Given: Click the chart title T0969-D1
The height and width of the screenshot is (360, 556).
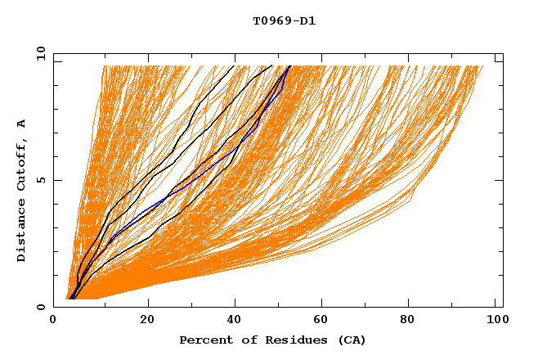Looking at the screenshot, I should point(284,21).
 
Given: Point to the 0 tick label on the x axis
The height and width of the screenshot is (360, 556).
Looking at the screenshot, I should point(54,320).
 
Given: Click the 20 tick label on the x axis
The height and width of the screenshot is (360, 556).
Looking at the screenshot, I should point(147,320).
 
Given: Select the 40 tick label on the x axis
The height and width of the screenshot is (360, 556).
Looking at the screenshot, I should point(236,320).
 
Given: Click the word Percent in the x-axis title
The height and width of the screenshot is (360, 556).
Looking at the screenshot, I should point(202,340).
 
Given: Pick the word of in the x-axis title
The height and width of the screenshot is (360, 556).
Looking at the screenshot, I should point(243,340).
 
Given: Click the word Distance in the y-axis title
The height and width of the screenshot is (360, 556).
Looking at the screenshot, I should point(22,232).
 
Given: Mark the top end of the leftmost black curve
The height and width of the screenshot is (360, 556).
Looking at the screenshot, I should point(234,65).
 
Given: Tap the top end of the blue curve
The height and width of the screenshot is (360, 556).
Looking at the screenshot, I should point(288,66).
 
